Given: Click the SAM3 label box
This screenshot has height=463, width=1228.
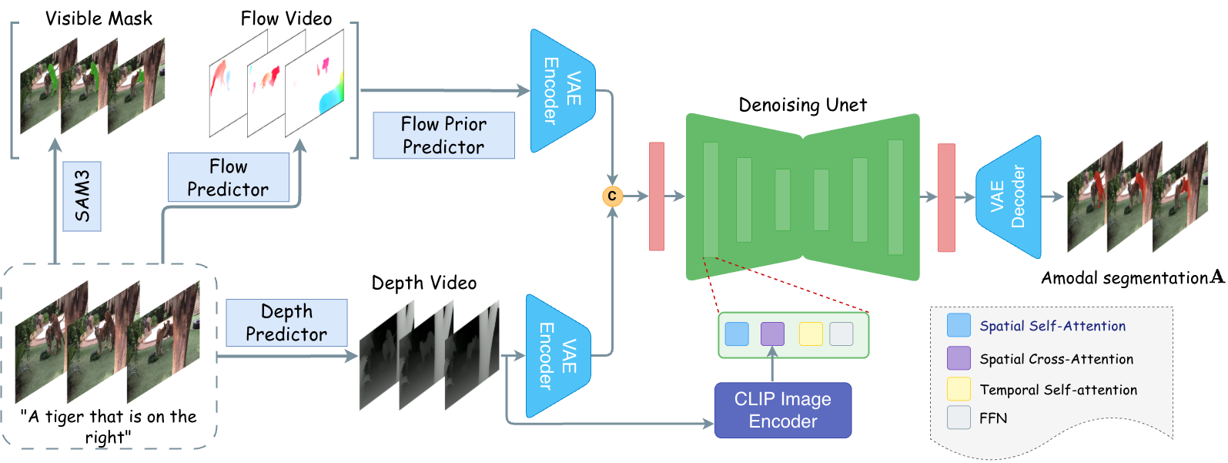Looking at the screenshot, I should (82, 196).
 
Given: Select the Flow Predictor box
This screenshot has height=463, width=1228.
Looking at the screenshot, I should (228, 178).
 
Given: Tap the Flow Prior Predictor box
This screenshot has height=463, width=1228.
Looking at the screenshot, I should (443, 136).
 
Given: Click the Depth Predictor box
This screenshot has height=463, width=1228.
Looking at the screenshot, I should (286, 323).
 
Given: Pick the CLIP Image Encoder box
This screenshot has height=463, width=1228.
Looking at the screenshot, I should (782, 410).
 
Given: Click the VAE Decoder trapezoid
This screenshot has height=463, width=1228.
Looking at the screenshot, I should (1009, 197).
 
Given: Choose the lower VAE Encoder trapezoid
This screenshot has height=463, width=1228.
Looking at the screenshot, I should (557, 356).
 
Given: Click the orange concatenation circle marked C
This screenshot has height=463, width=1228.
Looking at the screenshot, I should (612, 196).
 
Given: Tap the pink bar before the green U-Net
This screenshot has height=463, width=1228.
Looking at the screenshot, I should (657, 196).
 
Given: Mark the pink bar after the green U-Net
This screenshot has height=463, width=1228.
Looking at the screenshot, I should (945, 197).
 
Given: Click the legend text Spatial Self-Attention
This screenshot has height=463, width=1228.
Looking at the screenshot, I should (1052, 326).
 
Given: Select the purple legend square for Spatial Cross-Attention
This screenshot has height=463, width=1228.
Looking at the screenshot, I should (959, 358).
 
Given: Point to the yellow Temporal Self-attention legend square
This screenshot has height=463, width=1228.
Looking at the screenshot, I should (959, 389).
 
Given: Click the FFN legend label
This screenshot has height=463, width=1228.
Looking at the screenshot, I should (993, 418).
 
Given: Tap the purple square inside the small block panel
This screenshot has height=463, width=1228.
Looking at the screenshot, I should (772, 334).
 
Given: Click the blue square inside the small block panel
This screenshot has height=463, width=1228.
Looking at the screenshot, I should (737, 334).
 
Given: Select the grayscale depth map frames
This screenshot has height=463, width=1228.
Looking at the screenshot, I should (430, 355).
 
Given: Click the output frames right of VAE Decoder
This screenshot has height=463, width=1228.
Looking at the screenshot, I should (1137, 197).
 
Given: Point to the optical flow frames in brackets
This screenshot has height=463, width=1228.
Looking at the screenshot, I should (276, 84).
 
